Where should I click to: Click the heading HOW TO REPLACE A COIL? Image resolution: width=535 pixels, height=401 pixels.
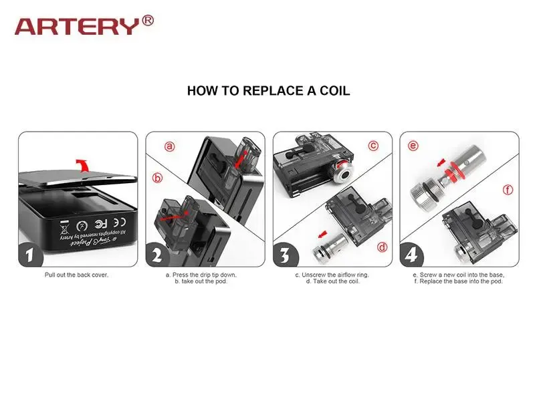pyautogui.click(x=268, y=91)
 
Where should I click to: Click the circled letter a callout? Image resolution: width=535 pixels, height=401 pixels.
pyautogui.click(x=170, y=146)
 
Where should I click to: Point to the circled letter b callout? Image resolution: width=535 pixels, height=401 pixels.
pyautogui.click(x=158, y=178)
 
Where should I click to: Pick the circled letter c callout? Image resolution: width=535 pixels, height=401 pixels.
pyautogui.click(x=373, y=145)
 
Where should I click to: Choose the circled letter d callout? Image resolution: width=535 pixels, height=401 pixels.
pyautogui.click(x=382, y=247)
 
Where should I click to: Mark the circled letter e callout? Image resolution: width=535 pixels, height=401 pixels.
pyautogui.click(x=413, y=146)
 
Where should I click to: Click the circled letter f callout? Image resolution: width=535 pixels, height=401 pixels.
pyautogui.click(x=508, y=190)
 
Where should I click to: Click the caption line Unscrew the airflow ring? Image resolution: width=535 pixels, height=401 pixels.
pyautogui.click(x=332, y=275)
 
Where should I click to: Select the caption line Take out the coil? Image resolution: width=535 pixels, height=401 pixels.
pyautogui.click(x=332, y=281)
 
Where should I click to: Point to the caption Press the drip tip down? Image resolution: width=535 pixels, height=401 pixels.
pyautogui.click(x=201, y=275)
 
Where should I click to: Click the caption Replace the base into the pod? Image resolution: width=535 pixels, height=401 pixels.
pyautogui.click(x=458, y=281)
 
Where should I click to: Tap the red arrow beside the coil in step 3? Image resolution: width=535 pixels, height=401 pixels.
pyautogui.click(x=324, y=234)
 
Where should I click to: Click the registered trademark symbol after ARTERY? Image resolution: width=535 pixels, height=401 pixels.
pyautogui.click(x=148, y=21)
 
